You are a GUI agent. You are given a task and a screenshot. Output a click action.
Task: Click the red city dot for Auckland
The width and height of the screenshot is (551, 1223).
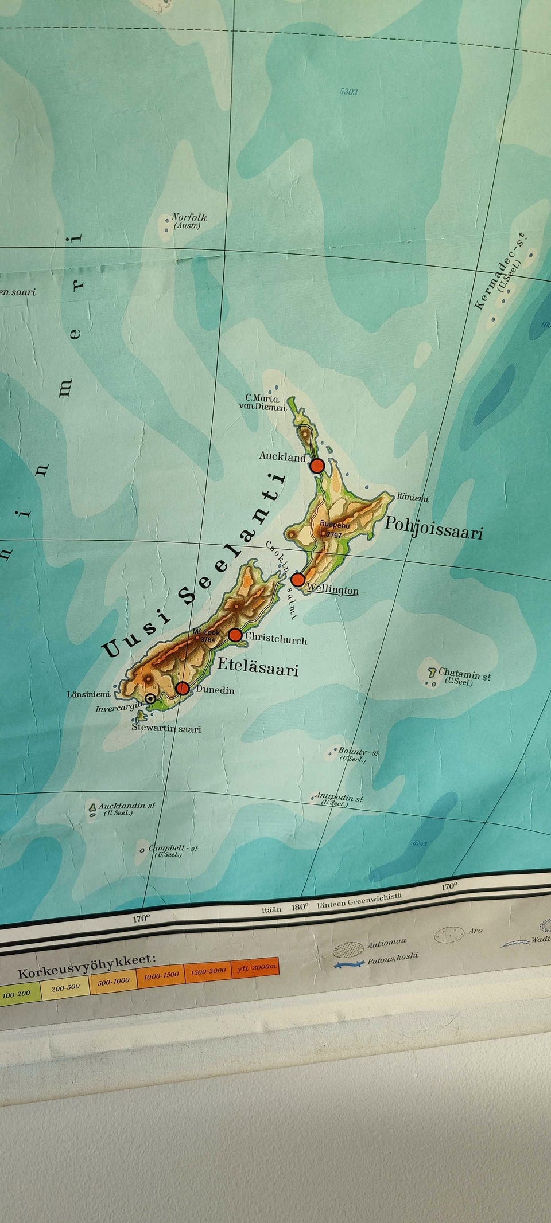317,465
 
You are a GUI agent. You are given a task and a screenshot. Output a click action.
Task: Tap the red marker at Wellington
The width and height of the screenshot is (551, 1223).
297,580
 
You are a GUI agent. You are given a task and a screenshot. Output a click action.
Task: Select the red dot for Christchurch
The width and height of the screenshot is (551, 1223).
235,635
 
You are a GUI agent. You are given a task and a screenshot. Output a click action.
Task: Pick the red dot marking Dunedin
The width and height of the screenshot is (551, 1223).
183,688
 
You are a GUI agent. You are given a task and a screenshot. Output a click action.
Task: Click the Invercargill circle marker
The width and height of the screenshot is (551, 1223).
150,698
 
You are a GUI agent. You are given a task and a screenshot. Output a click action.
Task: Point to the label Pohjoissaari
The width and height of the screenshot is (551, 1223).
433,528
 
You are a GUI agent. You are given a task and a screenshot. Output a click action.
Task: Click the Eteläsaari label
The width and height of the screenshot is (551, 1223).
258,667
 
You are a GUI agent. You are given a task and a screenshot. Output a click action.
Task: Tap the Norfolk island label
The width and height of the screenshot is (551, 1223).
189,218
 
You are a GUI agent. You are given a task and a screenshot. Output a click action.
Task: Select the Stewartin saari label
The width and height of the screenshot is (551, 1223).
166,729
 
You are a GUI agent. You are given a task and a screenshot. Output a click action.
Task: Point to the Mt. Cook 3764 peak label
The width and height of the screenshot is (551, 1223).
207,635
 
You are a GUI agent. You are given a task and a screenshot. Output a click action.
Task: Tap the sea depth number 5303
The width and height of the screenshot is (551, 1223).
348,92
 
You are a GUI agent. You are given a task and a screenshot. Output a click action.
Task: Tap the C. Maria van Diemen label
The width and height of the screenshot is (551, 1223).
262,403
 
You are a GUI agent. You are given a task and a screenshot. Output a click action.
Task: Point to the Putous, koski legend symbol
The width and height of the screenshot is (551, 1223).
350,963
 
